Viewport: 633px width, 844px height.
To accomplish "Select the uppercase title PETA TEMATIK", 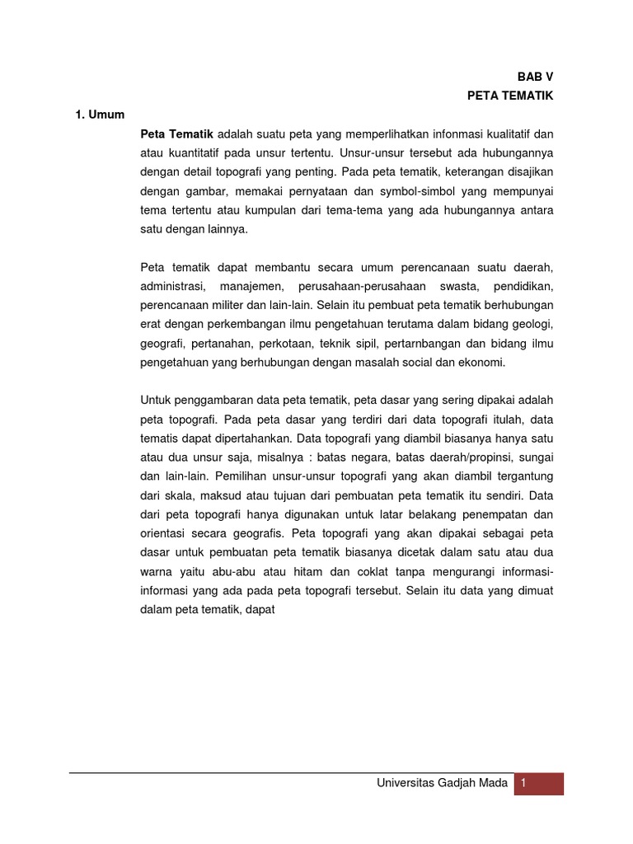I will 510,96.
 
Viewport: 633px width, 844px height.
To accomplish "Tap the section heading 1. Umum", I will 100,115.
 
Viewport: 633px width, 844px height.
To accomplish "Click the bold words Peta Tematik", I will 177,134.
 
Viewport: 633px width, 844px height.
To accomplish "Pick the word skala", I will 181,495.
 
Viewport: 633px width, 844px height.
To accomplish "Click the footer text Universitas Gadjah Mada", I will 442,784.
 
